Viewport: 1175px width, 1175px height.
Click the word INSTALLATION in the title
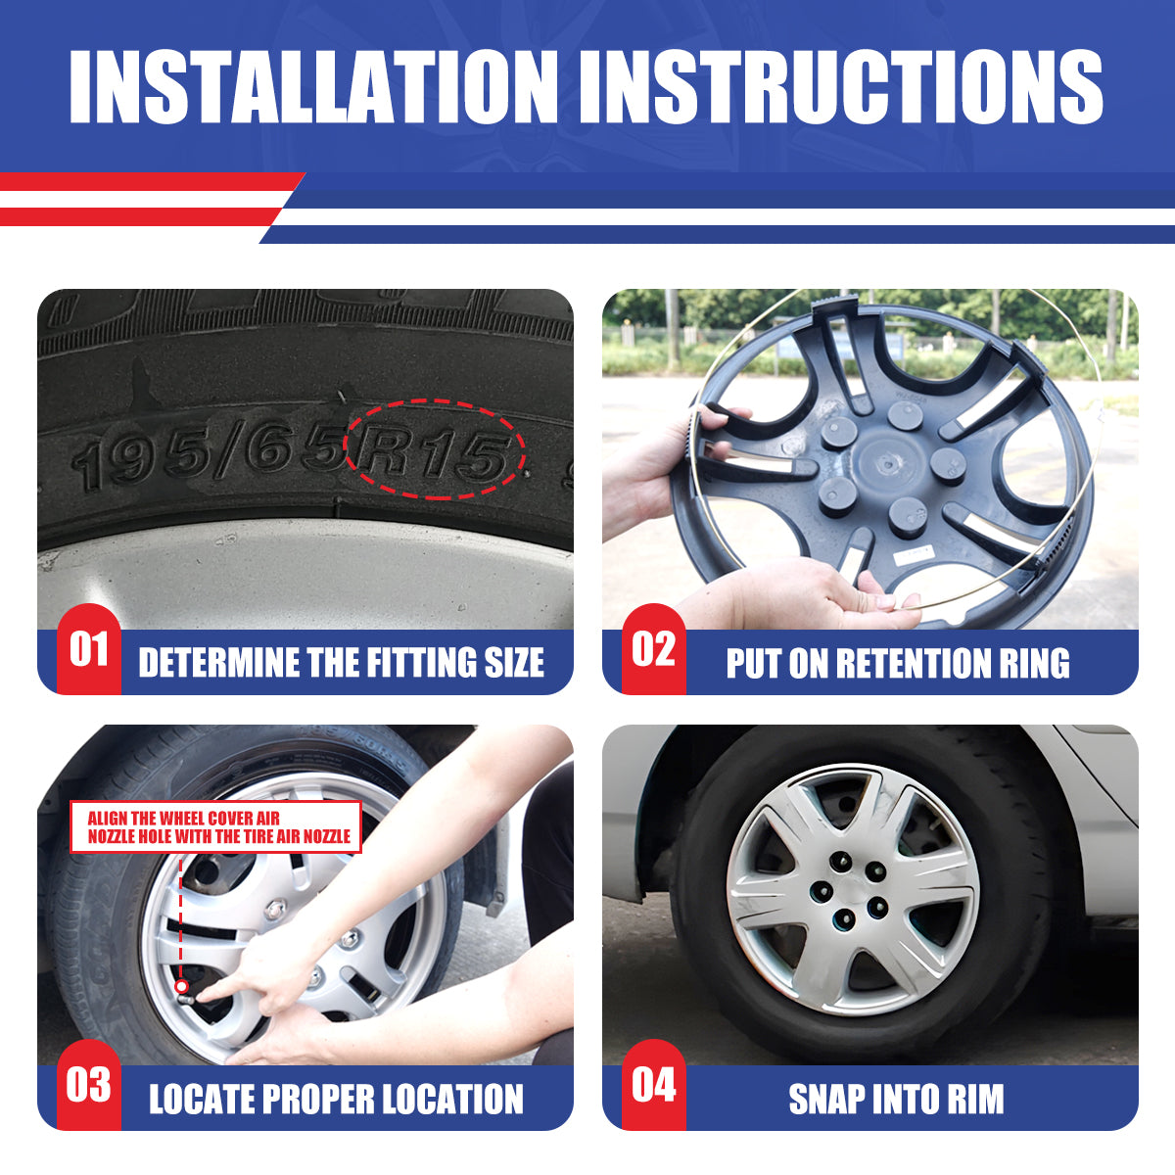point(313,86)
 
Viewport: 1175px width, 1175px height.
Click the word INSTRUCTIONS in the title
point(841,86)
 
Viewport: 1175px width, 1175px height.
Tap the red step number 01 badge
point(89,649)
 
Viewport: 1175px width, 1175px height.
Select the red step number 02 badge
point(654,649)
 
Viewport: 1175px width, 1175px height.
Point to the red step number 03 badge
point(89,1085)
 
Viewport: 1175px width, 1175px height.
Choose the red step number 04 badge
point(654,1085)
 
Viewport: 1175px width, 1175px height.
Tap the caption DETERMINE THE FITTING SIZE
point(342,663)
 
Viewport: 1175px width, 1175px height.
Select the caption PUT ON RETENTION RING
point(898,663)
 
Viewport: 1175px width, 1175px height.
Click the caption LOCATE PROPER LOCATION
point(336,1099)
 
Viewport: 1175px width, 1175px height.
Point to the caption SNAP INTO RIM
point(896,1099)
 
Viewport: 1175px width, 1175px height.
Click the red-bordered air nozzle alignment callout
point(215,826)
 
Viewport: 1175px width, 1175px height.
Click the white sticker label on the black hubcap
point(914,553)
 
